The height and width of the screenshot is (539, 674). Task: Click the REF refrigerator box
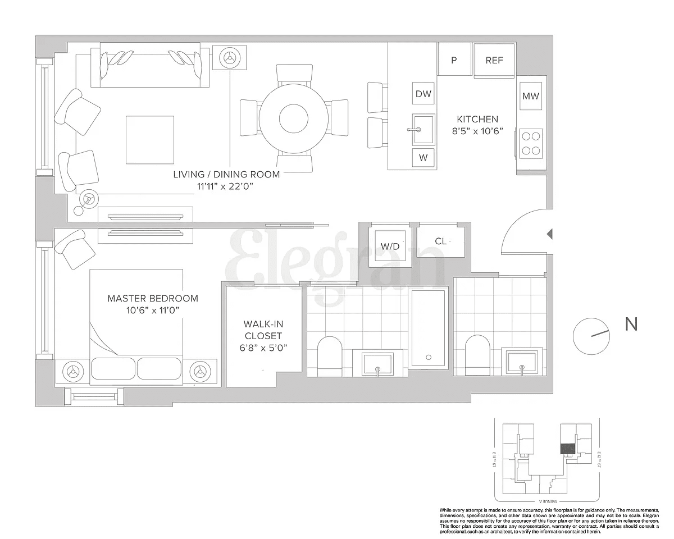click(494, 61)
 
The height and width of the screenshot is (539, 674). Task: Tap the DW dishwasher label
click(423, 94)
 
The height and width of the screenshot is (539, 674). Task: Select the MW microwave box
click(530, 96)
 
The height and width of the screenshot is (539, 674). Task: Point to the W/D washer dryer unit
click(390, 246)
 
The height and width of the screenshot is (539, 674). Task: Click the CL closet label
click(441, 241)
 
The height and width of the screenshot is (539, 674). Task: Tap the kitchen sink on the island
click(422, 129)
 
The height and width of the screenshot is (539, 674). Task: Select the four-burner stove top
click(531, 142)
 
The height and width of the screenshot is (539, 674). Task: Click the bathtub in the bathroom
click(429, 328)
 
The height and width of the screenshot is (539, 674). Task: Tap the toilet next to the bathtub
click(330, 357)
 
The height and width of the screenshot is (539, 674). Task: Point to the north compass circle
click(591, 336)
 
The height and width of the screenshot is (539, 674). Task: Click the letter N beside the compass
click(631, 324)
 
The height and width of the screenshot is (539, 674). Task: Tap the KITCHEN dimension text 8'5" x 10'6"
click(477, 130)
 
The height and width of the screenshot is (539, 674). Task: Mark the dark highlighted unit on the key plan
click(567, 449)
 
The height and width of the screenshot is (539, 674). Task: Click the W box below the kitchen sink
click(423, 158)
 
